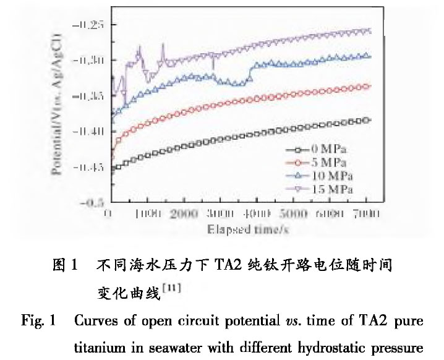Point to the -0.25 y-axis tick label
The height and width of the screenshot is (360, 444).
(88, 25)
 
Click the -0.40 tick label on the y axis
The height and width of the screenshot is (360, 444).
(88, 132)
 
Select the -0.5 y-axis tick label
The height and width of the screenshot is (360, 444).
(93, 202)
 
